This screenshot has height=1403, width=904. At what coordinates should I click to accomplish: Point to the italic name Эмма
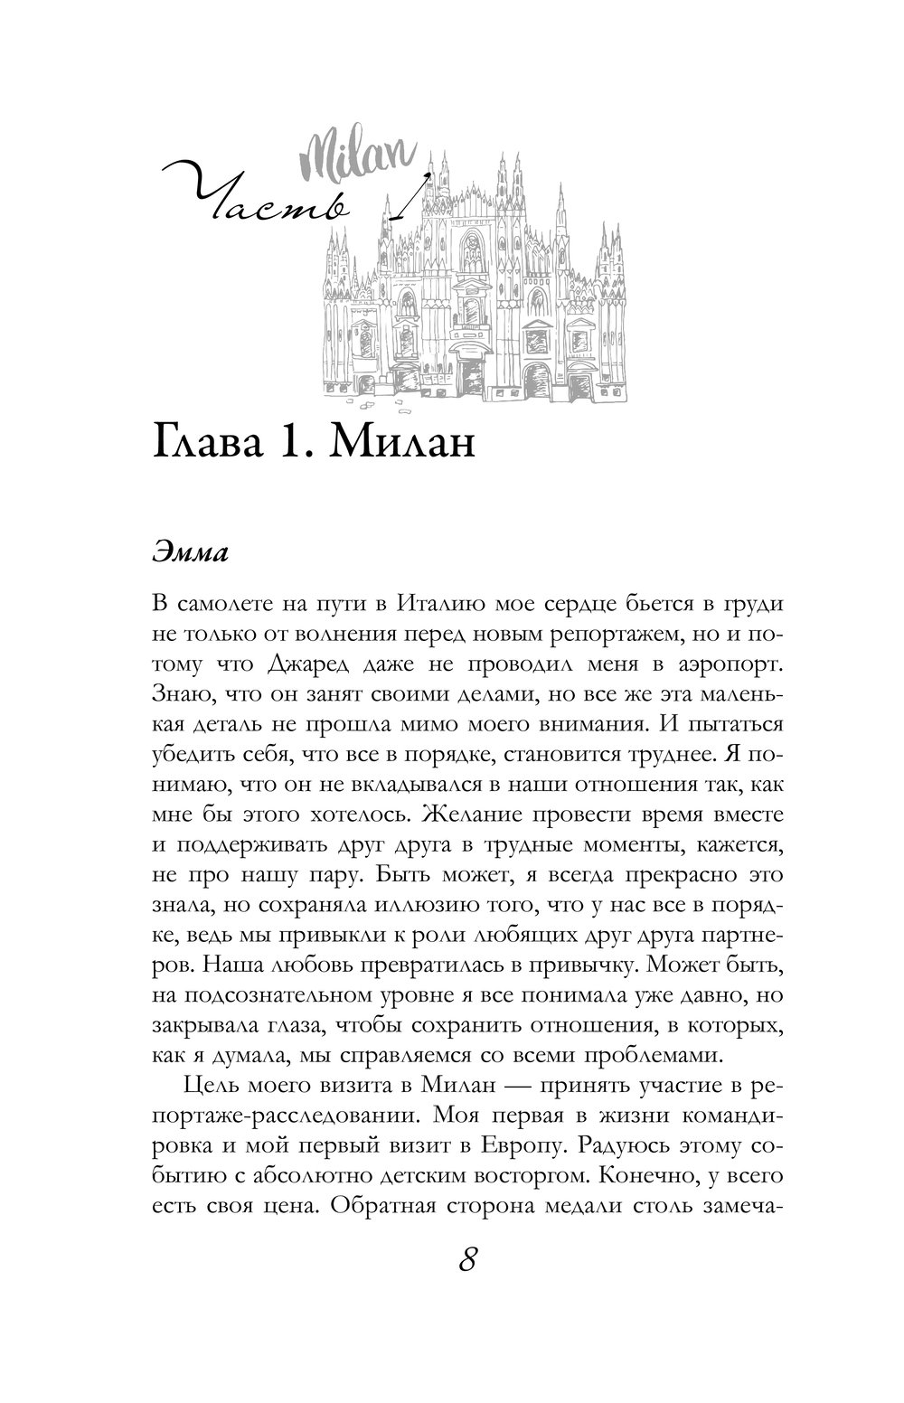[190, 553]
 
